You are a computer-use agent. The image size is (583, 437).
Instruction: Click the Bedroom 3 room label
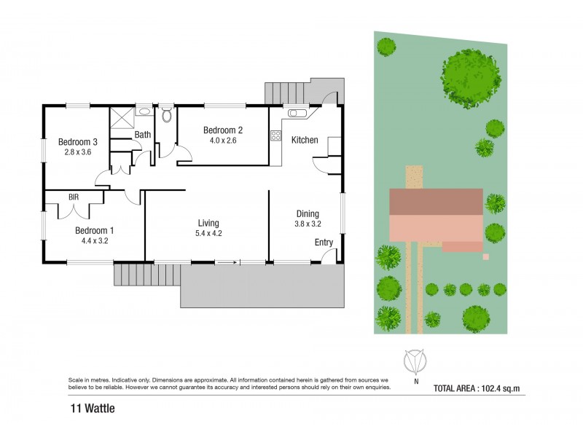tap(78, 142)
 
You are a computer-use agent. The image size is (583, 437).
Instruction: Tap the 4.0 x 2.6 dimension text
tap(223, 141)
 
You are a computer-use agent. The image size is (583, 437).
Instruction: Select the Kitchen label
tap(305, 140)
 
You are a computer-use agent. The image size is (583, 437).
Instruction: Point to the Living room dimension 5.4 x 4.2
tap(208, 233)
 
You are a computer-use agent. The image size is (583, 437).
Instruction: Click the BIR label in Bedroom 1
tap(74, 197)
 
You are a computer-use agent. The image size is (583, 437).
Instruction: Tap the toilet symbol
tap(168, 114)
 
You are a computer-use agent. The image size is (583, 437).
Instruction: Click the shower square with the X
tap(122, 117)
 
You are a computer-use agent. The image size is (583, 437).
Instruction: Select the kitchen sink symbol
tap(297, 113)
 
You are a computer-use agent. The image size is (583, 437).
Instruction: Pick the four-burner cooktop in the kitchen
tap(276, 135)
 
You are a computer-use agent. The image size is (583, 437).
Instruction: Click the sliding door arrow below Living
tap(227, 263)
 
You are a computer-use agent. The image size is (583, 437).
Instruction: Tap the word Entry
tap(324, 243)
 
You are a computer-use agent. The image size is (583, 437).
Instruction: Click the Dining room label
tap(308, 213)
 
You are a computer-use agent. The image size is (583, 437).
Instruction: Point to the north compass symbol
tap(415, 361)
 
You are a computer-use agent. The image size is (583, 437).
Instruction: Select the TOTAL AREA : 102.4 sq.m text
tap(477, 389)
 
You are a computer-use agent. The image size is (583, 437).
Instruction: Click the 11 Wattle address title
tap(93, 409)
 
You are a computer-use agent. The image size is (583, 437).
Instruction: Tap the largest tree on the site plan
tap(471, 79)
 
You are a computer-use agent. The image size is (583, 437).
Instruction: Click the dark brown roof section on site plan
tap(436, 202)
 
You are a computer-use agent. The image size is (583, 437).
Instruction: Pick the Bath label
tap(142, 135)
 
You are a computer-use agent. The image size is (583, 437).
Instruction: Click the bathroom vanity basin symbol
tap(144, 111)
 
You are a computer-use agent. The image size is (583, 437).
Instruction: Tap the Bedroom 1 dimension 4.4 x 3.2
tap(95, 241)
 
